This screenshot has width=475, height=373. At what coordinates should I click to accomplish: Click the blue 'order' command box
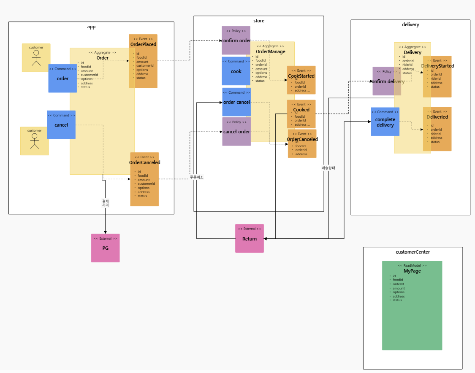[62, 78]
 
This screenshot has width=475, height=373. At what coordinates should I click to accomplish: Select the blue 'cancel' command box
[61, 125]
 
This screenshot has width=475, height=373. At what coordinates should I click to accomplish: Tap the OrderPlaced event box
[143, 61]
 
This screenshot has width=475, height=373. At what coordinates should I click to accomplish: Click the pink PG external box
[105, 248]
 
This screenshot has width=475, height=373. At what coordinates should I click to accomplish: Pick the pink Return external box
[250, 238]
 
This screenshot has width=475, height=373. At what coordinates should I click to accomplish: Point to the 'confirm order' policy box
[236, 41]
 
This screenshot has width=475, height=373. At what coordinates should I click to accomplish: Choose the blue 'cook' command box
[236, 71]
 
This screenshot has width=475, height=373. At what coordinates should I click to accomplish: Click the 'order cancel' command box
[236, 102]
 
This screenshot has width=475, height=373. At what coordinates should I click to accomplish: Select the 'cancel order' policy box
[236, 132]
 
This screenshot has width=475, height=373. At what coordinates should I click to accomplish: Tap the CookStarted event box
[301, 80]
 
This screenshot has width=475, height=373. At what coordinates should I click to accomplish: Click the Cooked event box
[301, 114]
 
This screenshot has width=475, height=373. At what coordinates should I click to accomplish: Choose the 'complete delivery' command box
[385, 122]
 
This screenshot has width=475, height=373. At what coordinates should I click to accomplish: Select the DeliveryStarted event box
[437, 77]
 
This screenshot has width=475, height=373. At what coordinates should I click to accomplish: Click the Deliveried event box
[437, 129]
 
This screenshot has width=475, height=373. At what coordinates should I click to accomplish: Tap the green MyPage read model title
[412, 271]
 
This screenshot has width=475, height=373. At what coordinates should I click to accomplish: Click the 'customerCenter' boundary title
[413, 252]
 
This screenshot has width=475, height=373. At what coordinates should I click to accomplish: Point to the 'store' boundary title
[259, 21]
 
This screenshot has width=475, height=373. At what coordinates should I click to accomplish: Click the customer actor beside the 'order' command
[36, 58]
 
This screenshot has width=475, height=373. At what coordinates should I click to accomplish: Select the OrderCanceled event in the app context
[144, 179]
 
